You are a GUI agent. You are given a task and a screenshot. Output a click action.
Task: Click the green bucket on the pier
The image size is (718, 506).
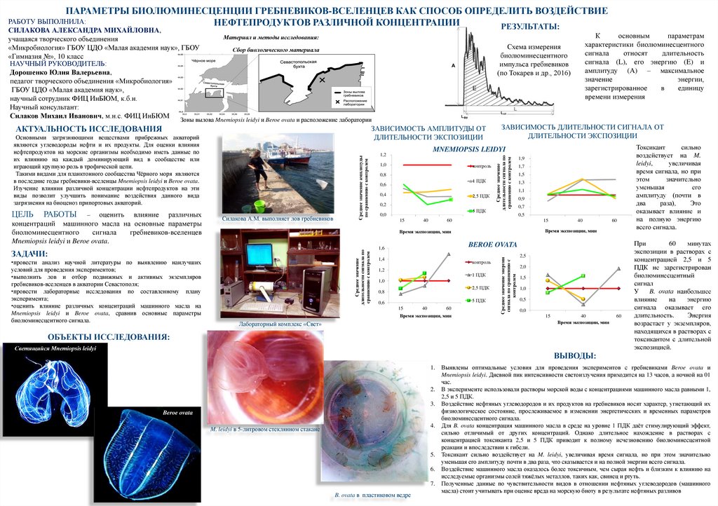click(259, 205)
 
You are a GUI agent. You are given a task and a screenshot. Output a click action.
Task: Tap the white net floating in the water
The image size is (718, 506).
click(323, 184)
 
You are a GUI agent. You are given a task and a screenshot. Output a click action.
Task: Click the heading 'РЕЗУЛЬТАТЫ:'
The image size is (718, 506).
click(529, 26)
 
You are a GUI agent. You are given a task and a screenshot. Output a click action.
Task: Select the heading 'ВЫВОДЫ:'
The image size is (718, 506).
click(575, 356)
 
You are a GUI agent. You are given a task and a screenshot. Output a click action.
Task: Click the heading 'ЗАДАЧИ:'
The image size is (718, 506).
click(30, 253)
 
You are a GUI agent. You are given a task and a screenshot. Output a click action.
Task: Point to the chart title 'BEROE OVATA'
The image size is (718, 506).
click(492, 244)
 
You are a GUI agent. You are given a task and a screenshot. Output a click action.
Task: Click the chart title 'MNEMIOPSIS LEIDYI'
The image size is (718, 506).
click(469, 149)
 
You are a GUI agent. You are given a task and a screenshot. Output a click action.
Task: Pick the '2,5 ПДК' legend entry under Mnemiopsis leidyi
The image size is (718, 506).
click(480, 195)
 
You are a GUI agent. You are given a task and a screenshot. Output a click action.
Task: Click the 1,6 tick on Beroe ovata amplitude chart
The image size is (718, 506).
click(382, 248)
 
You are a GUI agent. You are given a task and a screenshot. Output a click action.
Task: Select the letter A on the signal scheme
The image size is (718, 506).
click(453, 64)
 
